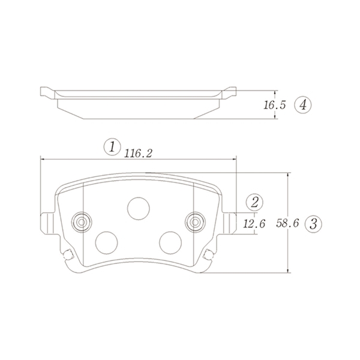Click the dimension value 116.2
pos(138,154)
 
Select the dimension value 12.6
pos(254,224)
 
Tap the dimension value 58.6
pos(287,223)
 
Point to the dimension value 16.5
pos(275,105)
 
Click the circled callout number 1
pos(112,147)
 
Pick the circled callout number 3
pos(313,224)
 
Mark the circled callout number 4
pos(303,106)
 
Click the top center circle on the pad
pos(139,208)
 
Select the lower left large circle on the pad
pos(107,242)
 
